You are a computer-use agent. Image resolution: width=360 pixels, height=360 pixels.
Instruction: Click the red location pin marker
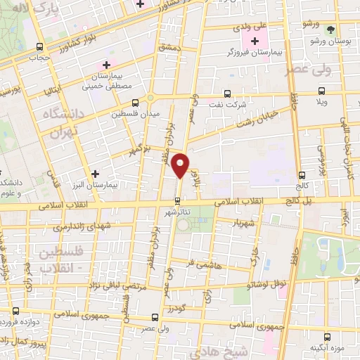[181, 165]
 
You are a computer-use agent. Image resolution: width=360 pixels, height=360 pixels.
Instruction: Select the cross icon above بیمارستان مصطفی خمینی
[106, 65]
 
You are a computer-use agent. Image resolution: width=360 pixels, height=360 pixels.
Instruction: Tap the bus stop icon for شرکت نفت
[226, 93]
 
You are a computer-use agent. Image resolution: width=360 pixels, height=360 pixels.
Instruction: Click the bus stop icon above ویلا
[322, 91]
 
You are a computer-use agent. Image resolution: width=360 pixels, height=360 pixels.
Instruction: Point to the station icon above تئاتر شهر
[176, 199]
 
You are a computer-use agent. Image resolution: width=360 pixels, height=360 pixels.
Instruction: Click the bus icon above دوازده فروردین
[15, 310]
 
